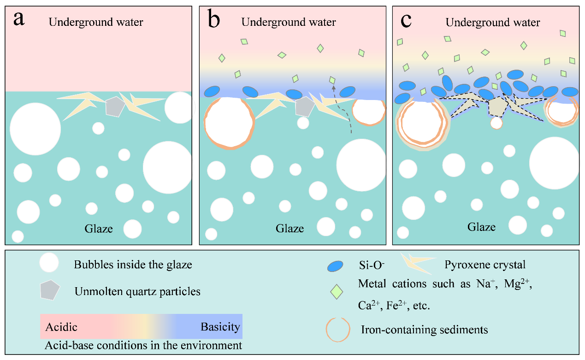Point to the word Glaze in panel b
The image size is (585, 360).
(290, 228)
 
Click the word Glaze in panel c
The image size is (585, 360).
(482, 227)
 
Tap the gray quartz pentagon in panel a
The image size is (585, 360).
(113, 106)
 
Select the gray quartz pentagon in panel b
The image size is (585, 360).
(305, 106)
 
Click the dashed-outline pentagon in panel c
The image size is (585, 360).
(497, 107)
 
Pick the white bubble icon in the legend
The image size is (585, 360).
(49, 264)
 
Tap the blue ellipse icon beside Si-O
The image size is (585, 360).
(335, 266)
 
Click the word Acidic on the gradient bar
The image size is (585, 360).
(61, 328)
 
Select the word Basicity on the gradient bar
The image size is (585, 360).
(220, 327)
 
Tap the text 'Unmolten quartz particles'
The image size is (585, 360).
(137, 291)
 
